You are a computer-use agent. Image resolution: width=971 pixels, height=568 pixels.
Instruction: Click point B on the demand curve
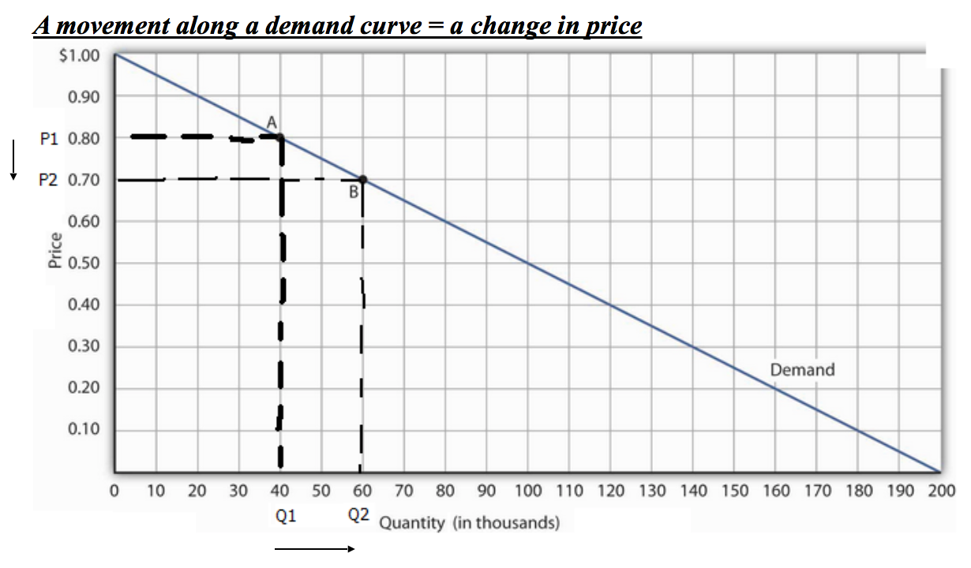click(362, 179)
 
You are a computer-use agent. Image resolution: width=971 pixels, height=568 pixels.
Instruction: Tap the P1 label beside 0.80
click(49, 138)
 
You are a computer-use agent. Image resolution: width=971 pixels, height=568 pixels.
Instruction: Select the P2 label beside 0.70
click(49, 180)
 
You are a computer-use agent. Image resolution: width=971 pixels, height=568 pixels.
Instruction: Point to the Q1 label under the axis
click(286, 516)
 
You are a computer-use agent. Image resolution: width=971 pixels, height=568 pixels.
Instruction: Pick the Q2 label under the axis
click(358, 516)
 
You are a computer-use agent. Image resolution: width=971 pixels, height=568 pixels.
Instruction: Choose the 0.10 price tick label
click(84, 430)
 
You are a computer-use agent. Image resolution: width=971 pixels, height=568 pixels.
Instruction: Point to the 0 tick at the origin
click(114, 491)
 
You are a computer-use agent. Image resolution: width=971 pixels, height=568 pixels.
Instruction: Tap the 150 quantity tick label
click(734, 491)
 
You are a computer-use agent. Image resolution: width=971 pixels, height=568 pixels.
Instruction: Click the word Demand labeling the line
click(802, 369)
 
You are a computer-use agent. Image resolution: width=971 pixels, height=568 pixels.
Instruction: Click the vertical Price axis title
click(54, 251)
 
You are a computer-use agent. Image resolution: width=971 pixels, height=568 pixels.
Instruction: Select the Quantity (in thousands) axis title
click(471, 523)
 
